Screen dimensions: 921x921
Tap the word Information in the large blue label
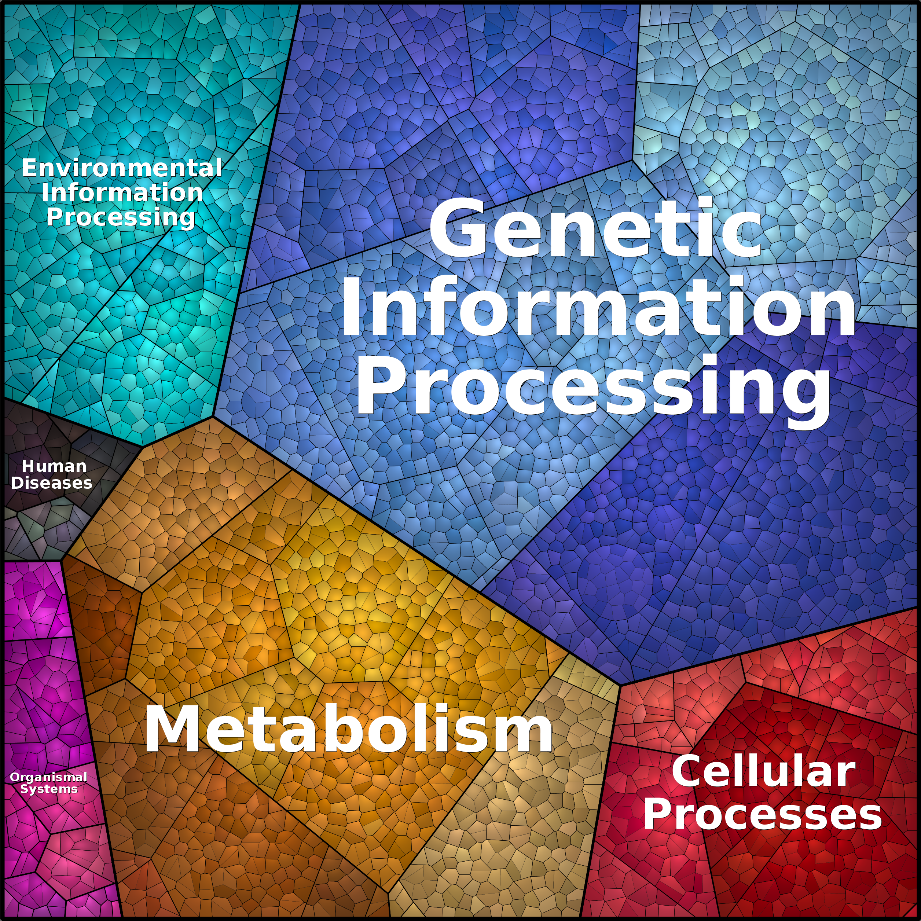pyautogui.click(x=599, y=306)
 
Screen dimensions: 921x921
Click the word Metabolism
pyautogui.click(x=348, y=729)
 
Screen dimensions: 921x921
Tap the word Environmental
pyautogui.click(x=122, y=168)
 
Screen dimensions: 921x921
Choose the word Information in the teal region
pyautogui.click(x=122, y=192)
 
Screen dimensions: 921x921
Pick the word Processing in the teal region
pyautogui.click(x=121, y=217)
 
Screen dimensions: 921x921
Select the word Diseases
pyautogui.click(x=51, y=482)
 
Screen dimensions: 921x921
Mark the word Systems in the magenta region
pyautogui.click(x=49, y=789)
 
